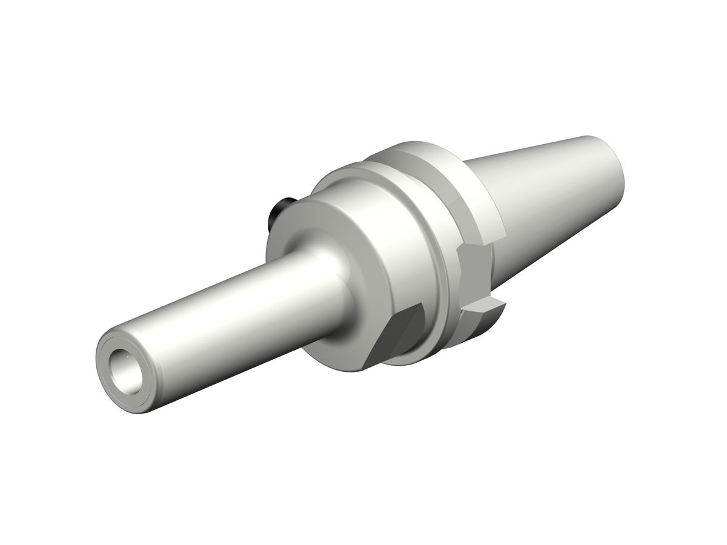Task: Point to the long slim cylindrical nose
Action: pyautogui.click(x=230, y=303)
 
